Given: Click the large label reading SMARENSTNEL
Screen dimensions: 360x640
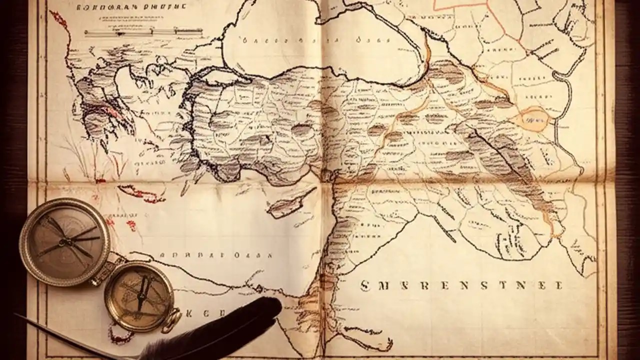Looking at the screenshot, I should (460, 285).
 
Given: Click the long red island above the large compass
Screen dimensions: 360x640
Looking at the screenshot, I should (140, 193).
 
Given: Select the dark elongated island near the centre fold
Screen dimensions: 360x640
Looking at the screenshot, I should (285, 204).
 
